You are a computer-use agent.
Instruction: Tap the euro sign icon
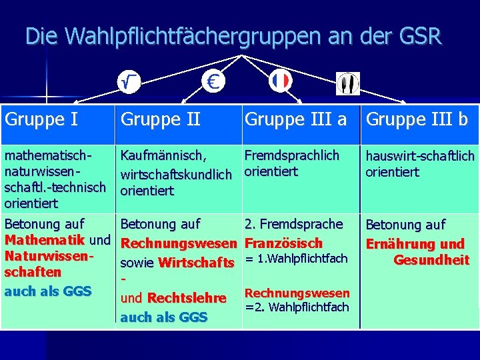pos(213,81)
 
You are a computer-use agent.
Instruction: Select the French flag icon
pos(281,81)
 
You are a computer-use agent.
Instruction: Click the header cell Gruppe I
pos(41,119)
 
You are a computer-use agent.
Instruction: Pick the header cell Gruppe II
pos(160,119)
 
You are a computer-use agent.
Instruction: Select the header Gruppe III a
pos(296,119)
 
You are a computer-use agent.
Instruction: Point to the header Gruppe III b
pos(417,119)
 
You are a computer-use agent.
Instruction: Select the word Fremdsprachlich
pos(292,155)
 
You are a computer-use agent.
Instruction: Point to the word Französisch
pos(284,243)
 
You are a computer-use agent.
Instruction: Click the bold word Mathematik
pos(45,239)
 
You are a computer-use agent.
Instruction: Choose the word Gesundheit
pos(431,259)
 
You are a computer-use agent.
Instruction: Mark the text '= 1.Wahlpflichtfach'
pos(297,259)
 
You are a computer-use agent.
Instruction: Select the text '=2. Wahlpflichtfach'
pos(297,307)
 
